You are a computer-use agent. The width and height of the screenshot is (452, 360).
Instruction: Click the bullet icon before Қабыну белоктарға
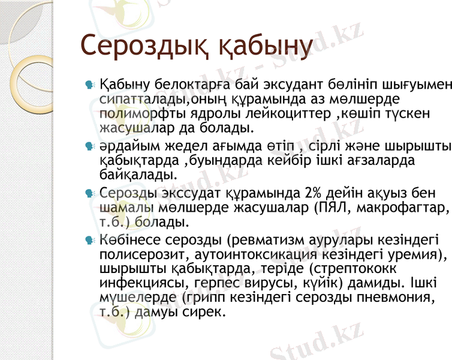tap(91, 83)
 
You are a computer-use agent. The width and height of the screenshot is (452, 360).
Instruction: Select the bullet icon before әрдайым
tap(91, 146)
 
